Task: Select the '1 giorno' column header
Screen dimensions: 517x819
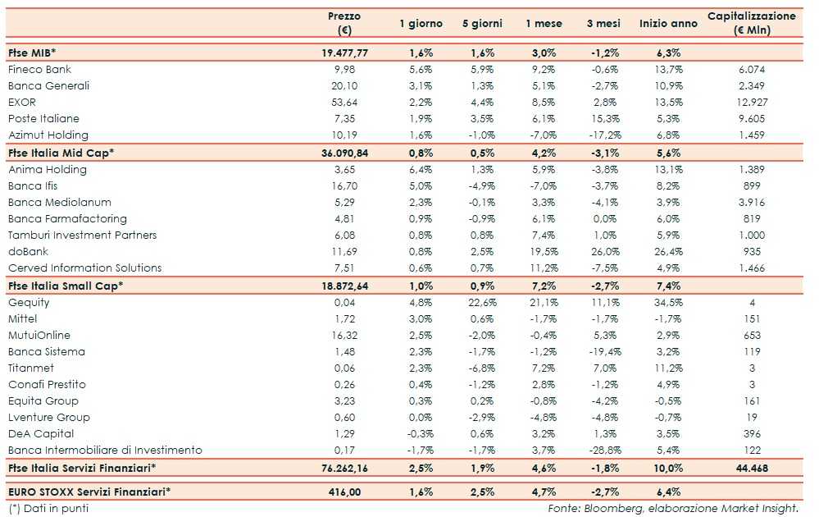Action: pyautogui.click(x=421, y=24)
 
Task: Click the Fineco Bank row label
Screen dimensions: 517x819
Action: pyautogui.click(x=40, y=70)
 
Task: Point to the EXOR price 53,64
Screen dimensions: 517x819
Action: pyautogui.click(x=344, y=103)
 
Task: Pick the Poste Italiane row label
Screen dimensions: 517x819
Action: pyautogui.click(x=43, y=119)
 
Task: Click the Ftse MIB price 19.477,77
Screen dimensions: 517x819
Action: pyautogui.click(x=344, y=53)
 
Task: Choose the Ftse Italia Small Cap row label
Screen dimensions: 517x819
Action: pyautogui.click(x=66, y=286)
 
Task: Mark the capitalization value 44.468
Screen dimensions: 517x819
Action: pyautogui.click(x=751, y=468)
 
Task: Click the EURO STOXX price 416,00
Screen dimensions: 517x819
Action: pyautogui.click(x=344, y=492)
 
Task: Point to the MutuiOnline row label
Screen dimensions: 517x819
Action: pyautogui.click(x=39, y=336)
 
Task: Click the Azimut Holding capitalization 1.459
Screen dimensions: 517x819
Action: pyautogui.click(x=751, y=135)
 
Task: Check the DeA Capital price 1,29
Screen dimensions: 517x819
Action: pyautogui.click(x=344, y=434)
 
